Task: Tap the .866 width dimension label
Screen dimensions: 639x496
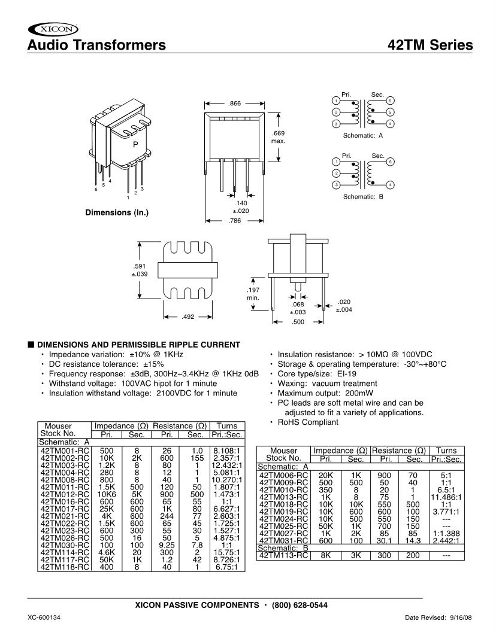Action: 234,104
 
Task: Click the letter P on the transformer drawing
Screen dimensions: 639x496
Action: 135,145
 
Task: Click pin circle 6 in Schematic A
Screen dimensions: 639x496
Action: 390,101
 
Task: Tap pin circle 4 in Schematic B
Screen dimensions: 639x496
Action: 390,185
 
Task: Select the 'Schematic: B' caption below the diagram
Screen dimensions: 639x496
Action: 362,197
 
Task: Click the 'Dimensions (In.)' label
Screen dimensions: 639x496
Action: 117,212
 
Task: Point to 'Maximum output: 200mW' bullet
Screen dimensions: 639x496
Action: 327,393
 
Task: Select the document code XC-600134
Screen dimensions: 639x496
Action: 44,617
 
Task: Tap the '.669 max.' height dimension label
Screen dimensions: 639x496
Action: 278,137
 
